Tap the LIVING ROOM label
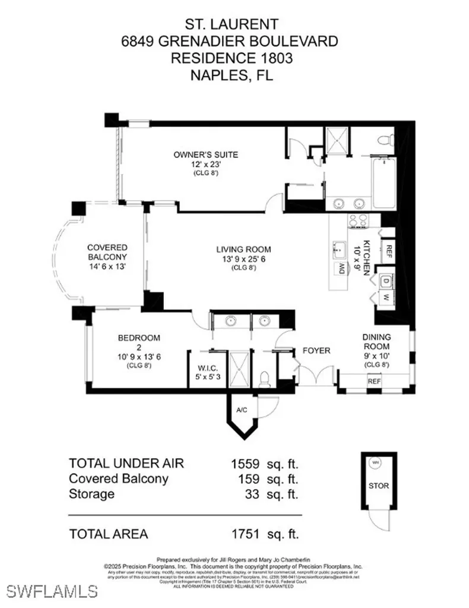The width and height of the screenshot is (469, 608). point(243,249)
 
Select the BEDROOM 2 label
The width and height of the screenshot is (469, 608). point(139,338)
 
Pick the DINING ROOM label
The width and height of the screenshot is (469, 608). point(377,341)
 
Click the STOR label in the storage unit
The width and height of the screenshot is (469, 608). point(378,486)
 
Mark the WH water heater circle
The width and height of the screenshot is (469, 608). point(375,462)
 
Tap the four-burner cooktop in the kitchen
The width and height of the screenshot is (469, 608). point(358,220)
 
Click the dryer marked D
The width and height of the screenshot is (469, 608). point(385,280)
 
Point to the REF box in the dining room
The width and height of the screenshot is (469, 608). point(374,381)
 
